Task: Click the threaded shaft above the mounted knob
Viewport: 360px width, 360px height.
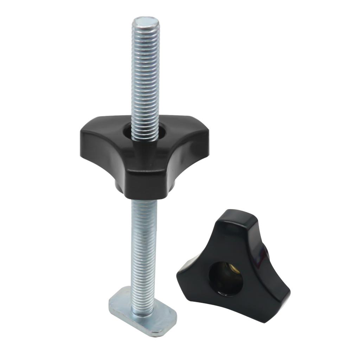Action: point(145,77)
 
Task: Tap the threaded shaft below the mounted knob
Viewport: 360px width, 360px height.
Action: point(143,246)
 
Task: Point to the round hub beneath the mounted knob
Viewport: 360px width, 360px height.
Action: point(144,192)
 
